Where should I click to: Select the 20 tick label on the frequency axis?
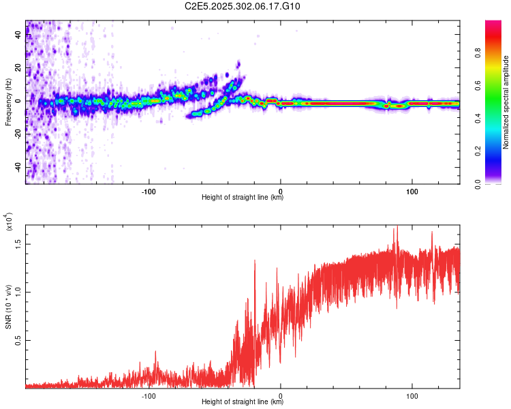tap(19, 68)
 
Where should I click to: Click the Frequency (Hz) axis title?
tap(8, 102)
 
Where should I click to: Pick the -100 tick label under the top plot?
tap(149, 191)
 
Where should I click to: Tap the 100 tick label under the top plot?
tap(412, 191)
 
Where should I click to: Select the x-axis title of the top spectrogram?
tap(243, 198)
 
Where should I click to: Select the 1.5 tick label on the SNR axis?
tap(19, 243)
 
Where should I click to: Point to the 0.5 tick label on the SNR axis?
tap(19, 340)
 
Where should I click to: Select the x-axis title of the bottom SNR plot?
tap(243, 402)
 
